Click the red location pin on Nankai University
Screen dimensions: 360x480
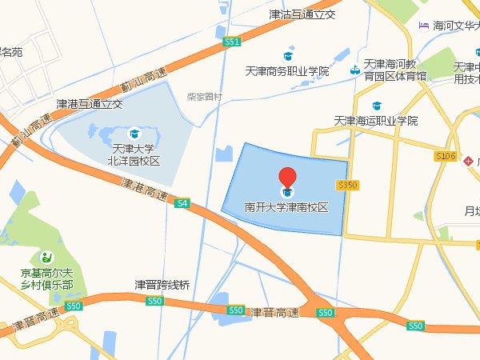(287, 178)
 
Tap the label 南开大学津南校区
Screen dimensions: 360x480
(287, 207)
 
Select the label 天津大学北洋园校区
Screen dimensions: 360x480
(134, 154)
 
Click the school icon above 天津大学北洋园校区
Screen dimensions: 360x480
(134, 132)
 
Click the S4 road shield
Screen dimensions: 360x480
(183, 203)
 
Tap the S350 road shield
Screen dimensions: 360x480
(347, 185)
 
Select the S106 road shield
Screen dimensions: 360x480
(446, 156)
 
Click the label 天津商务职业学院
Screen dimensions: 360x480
(287, 71)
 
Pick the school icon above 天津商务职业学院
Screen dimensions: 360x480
(287, 55)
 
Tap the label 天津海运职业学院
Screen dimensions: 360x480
(376, 121)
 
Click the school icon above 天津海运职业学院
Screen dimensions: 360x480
(376, 105)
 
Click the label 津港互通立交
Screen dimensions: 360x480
(89, 103)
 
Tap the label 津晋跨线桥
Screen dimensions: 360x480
(162, 284)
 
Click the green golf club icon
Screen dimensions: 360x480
(47, 257)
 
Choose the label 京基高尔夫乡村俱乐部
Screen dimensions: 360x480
(46, 278)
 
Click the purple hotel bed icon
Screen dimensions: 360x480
(422, 25)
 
